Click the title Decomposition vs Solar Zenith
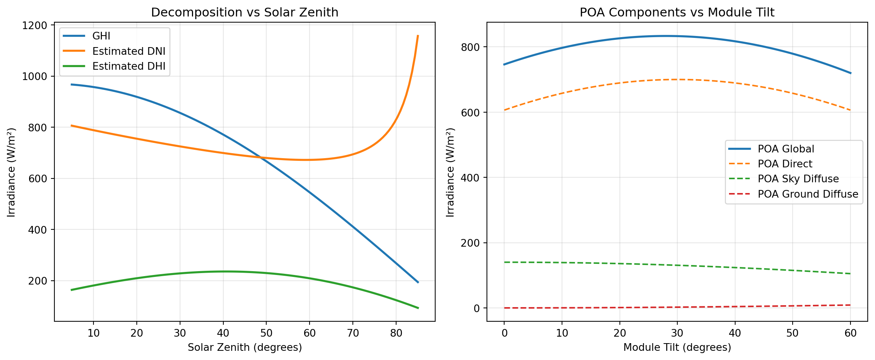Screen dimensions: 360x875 click(x=244, y=13)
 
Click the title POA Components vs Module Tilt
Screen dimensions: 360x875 click(x=677, y=13)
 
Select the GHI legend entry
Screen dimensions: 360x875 click(x=101, y=36)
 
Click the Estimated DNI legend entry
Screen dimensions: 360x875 click(x=129, y=51)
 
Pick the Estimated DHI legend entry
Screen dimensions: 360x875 click(x=129, y=66)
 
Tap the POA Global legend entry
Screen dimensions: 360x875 click(x=786, y=149)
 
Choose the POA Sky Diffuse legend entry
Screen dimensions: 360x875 click(x=798, y=179)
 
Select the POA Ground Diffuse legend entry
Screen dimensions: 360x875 click(x=808, y=194)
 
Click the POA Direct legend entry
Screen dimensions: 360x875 click(x=785, y=164)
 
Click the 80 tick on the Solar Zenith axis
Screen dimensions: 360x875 click(x=396, y=333)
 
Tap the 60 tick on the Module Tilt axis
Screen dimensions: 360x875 click(x=850, y=333)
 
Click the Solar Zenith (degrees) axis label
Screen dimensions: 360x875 click(x=244, y=347)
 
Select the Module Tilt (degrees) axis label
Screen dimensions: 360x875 click(x=677, y=347)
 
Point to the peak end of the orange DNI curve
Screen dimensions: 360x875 click(x=418, y=36)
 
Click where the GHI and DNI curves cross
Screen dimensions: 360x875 click(x=262, y=157)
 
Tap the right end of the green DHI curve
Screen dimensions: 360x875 click(x=418, y=308)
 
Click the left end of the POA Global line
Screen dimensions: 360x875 click(x=504, y=64)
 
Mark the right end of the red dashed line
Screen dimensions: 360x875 click(x=850, y=305)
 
